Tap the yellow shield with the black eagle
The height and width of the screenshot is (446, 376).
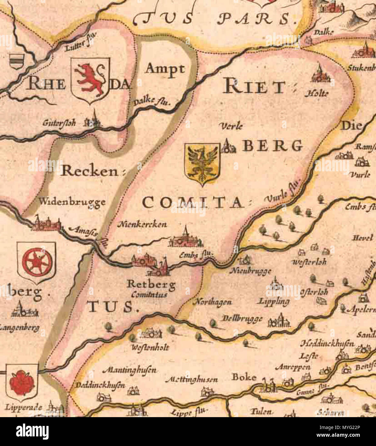pos(202,163)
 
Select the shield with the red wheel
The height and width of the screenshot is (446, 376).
pos(36,262)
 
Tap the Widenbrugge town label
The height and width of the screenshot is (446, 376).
pos(72,202)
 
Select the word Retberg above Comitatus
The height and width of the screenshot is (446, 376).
pos(151,284)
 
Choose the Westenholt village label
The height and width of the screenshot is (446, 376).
pos(150,347)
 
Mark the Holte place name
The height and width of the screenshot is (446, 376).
pos(316,93)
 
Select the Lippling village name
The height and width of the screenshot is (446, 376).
pos(274,301)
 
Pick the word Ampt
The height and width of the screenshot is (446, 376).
pos(165,69)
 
